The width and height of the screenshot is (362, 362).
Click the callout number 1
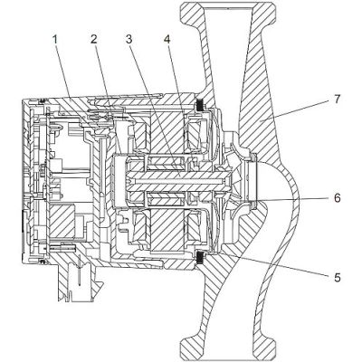pos(55,40)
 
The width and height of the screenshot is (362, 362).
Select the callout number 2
pos(94,40)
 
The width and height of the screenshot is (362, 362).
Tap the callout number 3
pos(129,40)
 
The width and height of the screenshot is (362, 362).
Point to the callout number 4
pos(167,40)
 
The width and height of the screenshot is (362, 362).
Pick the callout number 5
pos(338,277)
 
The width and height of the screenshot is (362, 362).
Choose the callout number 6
pos(338,198)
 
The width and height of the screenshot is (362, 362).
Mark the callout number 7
pos(338,99)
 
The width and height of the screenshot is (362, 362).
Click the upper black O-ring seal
pos(201,105)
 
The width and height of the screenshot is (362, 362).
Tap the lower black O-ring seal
pos(201,258)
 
